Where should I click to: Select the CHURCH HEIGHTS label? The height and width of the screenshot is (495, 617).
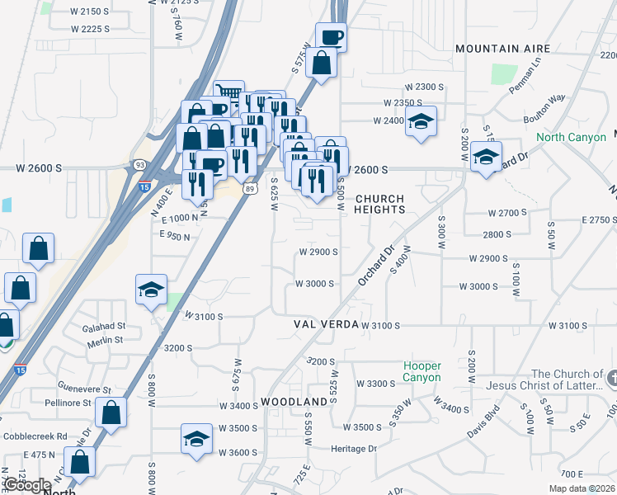[x=379, y=205]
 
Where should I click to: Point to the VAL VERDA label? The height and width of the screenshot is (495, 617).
[x=325, y=325]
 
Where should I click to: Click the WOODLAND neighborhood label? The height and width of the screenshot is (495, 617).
[x=294, y=402]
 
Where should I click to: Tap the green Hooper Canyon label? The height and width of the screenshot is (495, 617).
[x=422, y=371]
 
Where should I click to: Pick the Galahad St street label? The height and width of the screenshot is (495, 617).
[x=103, y=327]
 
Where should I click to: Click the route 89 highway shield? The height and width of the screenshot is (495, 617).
[x=249, y=188]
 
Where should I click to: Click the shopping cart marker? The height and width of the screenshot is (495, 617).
[x=228, y=93]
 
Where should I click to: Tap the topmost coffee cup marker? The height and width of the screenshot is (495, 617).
[x=331, y=36]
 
